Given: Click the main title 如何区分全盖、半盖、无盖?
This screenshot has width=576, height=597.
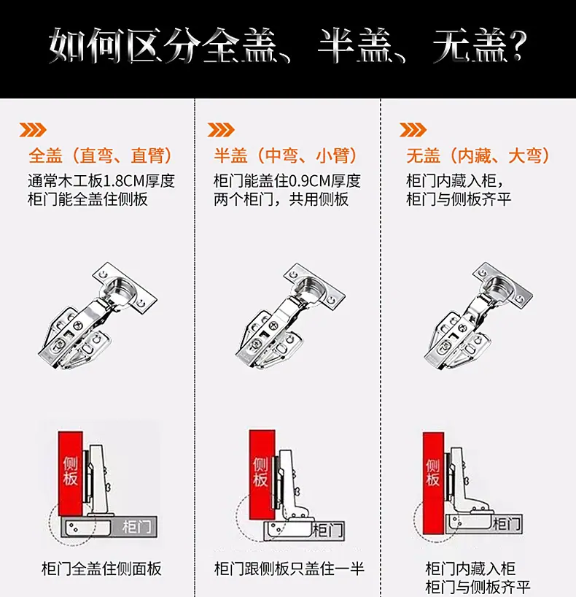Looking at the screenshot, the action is (288, 45).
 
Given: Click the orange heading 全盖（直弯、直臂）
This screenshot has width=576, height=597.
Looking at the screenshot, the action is (101, 155).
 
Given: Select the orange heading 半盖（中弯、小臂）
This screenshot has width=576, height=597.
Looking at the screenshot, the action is (285, 155).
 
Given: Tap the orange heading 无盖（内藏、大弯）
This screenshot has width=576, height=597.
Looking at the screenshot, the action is (478, 155).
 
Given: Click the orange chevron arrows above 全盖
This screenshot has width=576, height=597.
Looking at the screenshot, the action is (33, 130).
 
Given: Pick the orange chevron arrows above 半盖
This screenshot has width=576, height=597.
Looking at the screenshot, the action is (221, 130).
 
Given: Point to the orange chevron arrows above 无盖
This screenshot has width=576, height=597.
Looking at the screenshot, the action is (413, 130).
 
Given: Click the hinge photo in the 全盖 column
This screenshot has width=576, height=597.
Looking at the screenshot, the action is (98, 316).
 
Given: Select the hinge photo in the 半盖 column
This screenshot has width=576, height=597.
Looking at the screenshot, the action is (290, 316).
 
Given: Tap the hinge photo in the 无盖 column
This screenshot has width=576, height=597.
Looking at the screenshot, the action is (478, 316).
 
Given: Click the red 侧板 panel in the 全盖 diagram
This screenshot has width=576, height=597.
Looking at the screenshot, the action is (71, 473).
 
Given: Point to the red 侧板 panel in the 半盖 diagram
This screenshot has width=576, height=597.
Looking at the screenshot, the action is (262, 475).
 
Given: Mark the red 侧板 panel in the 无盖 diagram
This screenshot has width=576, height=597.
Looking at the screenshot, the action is (433, 483).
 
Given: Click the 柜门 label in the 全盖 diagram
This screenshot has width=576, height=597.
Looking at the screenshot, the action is (137, 527).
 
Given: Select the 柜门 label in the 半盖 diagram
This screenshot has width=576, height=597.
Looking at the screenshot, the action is (327, 530).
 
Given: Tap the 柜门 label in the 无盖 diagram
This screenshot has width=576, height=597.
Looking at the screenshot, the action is (507, 524).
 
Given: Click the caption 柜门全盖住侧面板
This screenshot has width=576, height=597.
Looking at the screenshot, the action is (101, 569).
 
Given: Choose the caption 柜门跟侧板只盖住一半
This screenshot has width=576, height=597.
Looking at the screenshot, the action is (289, 569).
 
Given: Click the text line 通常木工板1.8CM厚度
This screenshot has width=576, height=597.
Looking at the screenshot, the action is (101, 181).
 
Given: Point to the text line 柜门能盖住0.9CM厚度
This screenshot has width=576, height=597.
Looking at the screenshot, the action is (287, 181).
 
